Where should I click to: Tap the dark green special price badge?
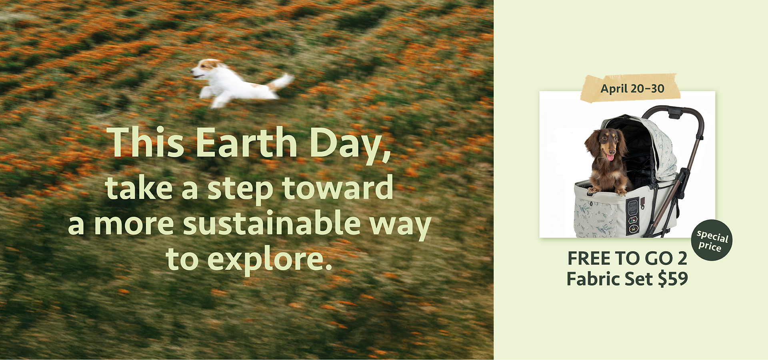pyautogui.click(x=712, y=240)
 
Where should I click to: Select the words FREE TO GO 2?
pyautogui.click(x=627, y=258)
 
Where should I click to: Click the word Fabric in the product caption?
pyautogui.click(x=590, y=279)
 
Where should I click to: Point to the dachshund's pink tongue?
pyautogui.click(x=610, y=157)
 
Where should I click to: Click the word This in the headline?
pyautogui.click(x=147, y=142)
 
